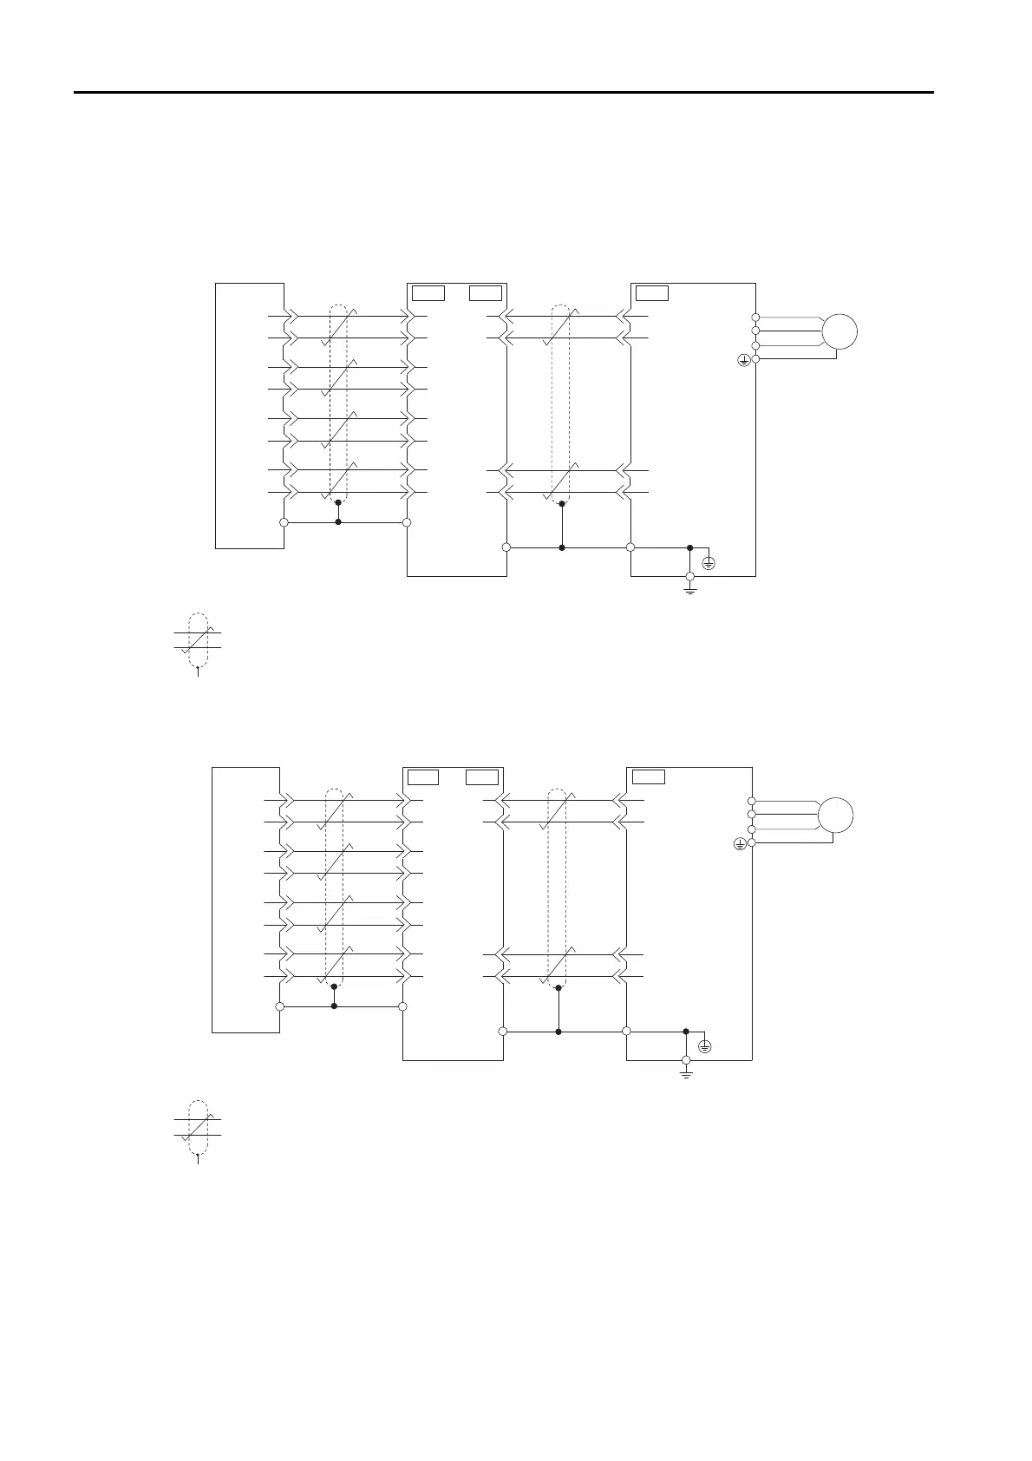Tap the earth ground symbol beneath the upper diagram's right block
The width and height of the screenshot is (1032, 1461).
tap(690, 589)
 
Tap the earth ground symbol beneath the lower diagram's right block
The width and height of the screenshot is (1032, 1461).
tap(686, 1073)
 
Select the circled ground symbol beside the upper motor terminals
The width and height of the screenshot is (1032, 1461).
tap(743, 359)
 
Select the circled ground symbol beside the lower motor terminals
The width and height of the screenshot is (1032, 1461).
tap(740, 842)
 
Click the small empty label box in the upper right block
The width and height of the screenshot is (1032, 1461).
tap(652, 292)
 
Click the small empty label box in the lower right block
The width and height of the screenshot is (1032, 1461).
tap(649, 776)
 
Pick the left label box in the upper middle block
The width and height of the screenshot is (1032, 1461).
tap(428, 292)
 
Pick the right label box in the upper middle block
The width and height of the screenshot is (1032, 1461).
tap(486, 292)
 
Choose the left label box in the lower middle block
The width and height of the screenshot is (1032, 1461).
tap(423, 776)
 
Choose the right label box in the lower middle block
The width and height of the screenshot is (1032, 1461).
tap(482, 776)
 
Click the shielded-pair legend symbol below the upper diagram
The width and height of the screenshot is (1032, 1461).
tap(198, 641)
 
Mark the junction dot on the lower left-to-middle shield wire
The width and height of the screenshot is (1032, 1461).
tap(334, 1006)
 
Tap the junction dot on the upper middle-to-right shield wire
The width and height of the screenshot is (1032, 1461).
tap(562, 547)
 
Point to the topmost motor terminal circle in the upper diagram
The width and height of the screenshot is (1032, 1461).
tap(755, 318)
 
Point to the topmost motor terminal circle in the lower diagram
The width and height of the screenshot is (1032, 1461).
tap(752, 801)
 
